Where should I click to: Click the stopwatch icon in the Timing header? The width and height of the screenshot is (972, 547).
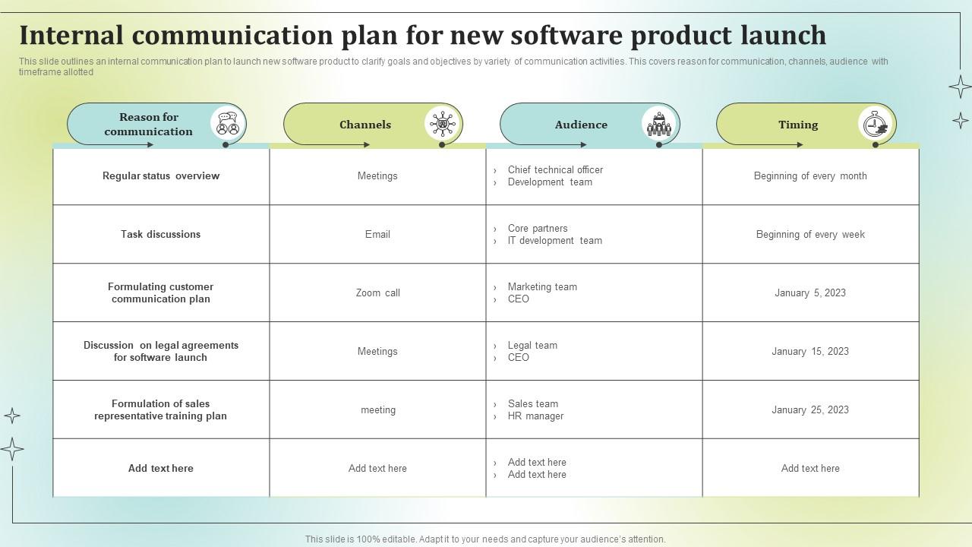tap(875, 124)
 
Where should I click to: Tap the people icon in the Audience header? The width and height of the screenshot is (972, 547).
tap(658, 124)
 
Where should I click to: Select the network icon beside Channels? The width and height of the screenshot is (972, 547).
tap(442, 124)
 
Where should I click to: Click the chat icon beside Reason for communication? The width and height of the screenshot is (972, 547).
tap(228, 123)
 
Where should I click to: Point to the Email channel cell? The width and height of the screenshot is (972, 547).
tap(377, 235)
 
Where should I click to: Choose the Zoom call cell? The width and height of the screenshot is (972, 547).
tap(378, 293)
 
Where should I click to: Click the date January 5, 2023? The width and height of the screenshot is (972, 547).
tap(810, 293)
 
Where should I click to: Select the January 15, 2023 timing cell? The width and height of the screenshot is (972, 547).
tap(810, 351)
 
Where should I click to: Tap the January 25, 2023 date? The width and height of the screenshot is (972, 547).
tap(810, 409)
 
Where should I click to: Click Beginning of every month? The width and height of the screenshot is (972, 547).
tap(810, 175)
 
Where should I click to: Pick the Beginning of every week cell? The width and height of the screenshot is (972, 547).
tap(810, 235)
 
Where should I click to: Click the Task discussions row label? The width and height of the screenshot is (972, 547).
tap(160, 235)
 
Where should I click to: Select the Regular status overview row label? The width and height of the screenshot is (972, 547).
tap(161, 175)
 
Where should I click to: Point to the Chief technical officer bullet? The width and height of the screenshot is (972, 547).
tap(555, 169)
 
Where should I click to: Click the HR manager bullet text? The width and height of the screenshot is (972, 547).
tap(535, 416)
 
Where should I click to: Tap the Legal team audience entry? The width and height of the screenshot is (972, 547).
tap(532, 346)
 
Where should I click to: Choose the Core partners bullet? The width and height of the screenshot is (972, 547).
tap(538, 229)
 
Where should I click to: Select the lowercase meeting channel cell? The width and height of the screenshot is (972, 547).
tap(378, 409)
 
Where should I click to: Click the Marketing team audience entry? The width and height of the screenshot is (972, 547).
tap(542, 287)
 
